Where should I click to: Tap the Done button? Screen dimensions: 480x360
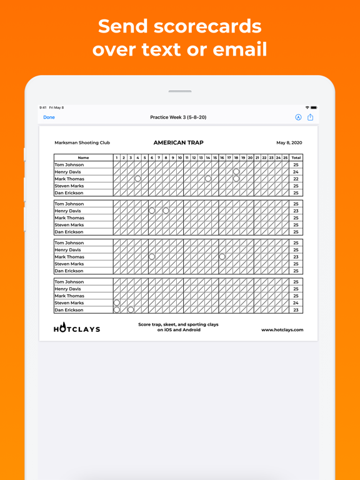(49, 117)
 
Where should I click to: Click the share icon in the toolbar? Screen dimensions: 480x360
(310, 117)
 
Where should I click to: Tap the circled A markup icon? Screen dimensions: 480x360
(298, 117)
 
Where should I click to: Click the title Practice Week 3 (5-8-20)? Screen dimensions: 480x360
(178, 117)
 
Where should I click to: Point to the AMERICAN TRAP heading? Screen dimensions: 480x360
(178, 143)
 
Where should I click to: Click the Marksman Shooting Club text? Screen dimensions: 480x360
(82, 143)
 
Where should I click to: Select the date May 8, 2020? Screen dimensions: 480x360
(289, 143)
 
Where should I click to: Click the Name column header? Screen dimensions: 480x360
(83, 157)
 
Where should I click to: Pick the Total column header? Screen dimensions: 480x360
(296, 157)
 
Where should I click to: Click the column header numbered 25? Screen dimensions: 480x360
(286, 157)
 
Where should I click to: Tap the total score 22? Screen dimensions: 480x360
(296, 179)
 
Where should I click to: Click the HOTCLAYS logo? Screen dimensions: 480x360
(77, 328)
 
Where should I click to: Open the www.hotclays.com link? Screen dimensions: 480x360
(282, 330)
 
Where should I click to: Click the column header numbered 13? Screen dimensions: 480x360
(201, 157)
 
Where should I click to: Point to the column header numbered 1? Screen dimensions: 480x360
(117, 157)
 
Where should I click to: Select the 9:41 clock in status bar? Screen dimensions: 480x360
(43, 107)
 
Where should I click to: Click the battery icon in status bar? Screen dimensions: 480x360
(314, 107)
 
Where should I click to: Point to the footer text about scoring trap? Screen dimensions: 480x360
(178, 327)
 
